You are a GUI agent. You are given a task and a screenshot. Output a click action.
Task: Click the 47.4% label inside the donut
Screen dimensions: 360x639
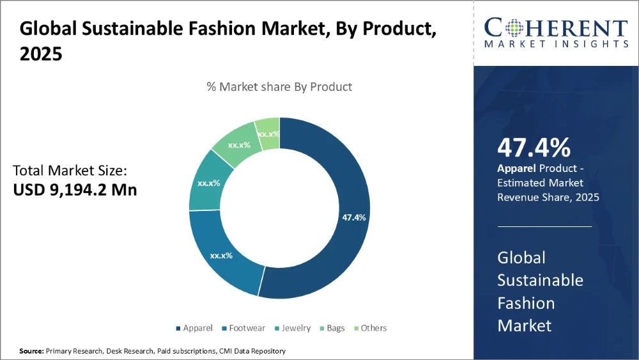point(354,217)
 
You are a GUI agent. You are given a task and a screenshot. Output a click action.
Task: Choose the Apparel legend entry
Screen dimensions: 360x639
point(194,328)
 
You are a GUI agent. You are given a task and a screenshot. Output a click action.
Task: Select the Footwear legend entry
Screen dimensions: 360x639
point(246,328)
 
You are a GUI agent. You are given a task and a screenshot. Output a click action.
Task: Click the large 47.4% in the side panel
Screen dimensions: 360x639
point(534,148)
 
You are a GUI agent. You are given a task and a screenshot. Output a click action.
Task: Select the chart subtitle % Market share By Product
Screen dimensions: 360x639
point(279,86)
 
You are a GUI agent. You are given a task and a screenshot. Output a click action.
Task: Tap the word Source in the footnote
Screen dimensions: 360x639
point(31,351)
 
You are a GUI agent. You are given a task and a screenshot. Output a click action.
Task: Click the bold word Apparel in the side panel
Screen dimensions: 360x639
point(516,168)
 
